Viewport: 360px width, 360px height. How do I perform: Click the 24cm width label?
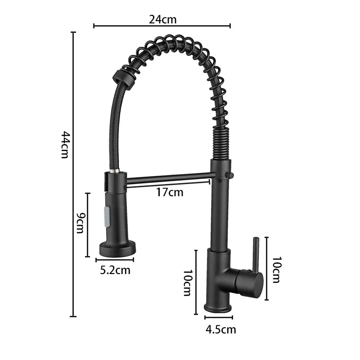[163, 19]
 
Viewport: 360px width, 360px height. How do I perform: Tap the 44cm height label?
[65, 144]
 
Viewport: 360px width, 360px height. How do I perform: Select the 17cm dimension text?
[170, 192]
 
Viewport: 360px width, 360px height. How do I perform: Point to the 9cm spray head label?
[81, 223]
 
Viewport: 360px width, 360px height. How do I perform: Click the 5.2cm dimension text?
[115, 270]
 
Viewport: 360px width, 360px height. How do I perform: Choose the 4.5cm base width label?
[221, 329]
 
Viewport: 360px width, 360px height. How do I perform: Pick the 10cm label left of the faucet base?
[187, 283]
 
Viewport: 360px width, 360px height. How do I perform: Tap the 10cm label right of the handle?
[276, 270]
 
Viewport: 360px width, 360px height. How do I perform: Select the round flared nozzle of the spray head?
[117, 248]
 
